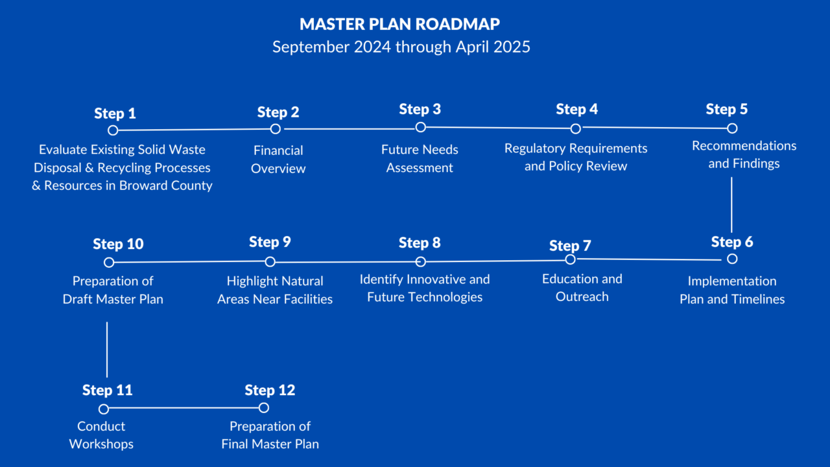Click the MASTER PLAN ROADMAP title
click(400, 24)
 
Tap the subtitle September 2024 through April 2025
click(401, 47)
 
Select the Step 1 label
click(115, 114)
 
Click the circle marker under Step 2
click(276, 129)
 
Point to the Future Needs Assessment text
click(420, 158)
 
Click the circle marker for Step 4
click(575, 128)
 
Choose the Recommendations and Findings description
click(744, 154)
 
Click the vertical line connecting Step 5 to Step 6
click(731, 204)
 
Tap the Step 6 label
click(731, 242)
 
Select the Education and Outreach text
click(582, 287)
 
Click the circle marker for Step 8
click(420, 262)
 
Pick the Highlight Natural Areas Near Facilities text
click(275, 290)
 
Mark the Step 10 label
click(118, 245)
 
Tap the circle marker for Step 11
click(104, 409)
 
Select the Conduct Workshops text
click(101, 435)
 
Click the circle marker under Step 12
click(263, 408)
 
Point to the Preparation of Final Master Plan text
click(270, 435)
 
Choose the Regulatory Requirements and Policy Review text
click(576, 157)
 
